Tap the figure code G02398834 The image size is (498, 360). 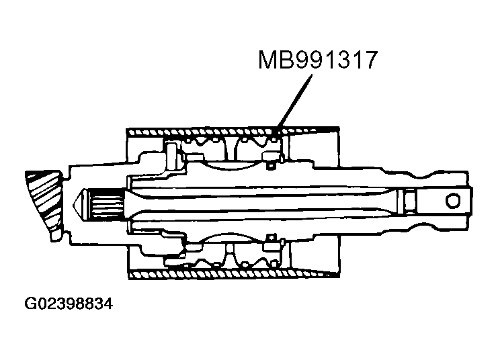coord(69,304)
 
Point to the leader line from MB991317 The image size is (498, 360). coord(296,101)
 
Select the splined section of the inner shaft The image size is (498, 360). coord(108,199)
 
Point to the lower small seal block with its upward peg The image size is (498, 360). coord(272,240)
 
